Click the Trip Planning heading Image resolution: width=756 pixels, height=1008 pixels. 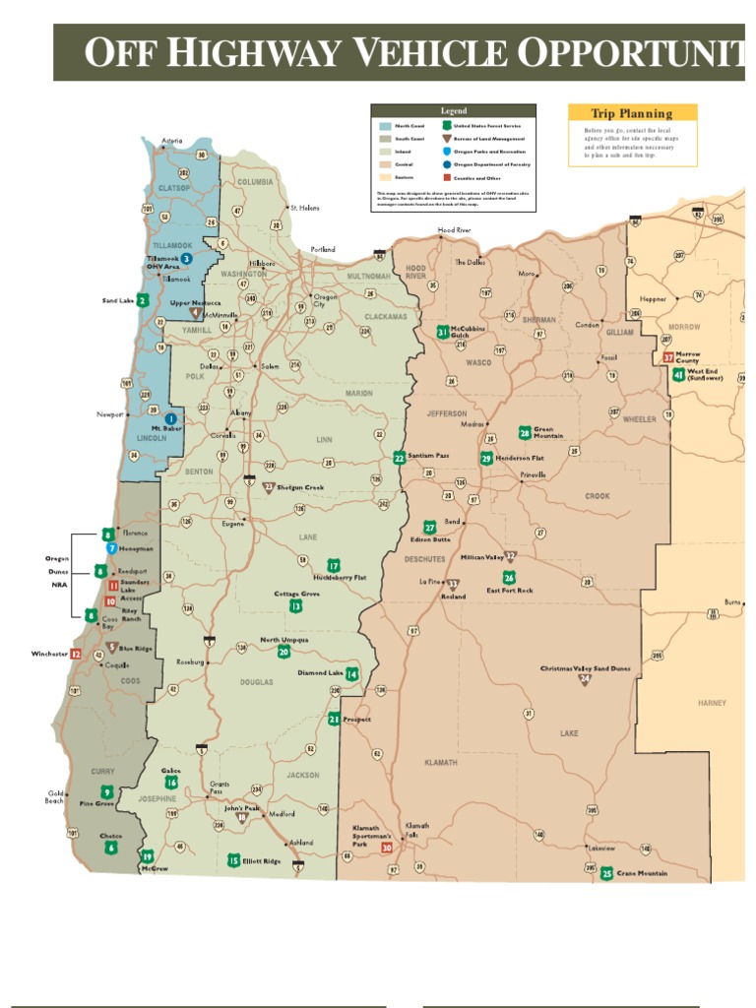[632, 114]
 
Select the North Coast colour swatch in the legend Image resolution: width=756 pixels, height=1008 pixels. [384, 127]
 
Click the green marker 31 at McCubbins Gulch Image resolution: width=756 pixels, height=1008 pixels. [443, 333]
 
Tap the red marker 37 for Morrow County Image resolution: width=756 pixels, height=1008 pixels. [668, 358]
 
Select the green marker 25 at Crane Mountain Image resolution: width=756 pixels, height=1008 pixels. [606, 873]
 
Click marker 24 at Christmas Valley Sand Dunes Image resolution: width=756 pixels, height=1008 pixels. [585, 679]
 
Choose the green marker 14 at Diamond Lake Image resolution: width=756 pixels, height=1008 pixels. [351, 674]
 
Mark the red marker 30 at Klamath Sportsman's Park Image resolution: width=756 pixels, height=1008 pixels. [387, 847]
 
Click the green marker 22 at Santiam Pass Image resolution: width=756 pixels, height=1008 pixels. [399, 458]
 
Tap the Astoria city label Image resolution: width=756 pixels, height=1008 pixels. [171, 140]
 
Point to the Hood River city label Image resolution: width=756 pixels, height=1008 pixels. [455, 229]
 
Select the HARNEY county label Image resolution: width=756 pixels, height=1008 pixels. [712, 703]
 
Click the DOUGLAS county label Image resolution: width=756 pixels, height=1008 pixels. [257, 682]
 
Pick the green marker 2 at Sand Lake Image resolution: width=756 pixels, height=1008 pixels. [143, 300]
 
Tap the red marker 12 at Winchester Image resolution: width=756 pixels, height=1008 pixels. [76, 654]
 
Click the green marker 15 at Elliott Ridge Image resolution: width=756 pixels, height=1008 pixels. [233, 860]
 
